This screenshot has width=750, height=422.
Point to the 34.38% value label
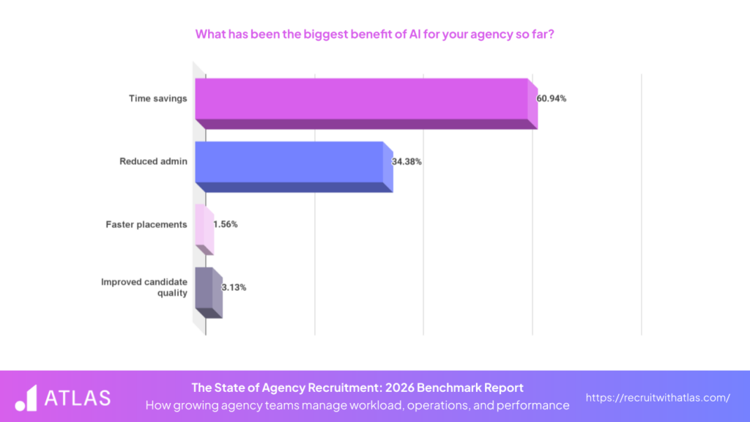tap(406, 161)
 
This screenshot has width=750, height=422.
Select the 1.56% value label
tap(225, 224)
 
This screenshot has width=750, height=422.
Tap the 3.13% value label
tap(234, 287)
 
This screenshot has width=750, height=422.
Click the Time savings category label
tap(158, 98)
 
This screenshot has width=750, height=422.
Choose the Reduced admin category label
tap(153, 161)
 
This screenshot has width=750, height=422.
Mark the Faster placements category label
tap(146, 224)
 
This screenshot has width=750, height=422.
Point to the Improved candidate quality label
tap(144, 287)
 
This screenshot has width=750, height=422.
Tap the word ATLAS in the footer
tap(78, 398)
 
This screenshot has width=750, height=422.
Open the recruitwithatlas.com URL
tap(658, 398)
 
